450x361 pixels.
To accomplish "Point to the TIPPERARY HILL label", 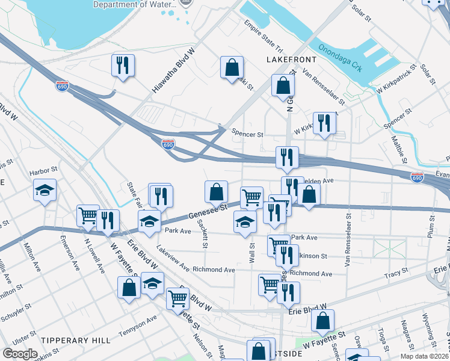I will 65,340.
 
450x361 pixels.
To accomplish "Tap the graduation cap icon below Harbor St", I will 45,191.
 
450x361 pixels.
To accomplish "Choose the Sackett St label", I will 204,234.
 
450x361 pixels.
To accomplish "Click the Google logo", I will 20,353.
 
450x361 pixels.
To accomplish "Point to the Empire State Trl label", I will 264,36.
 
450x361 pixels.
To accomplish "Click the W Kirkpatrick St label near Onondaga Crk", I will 395,80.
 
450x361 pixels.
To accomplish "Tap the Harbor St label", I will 43,171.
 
